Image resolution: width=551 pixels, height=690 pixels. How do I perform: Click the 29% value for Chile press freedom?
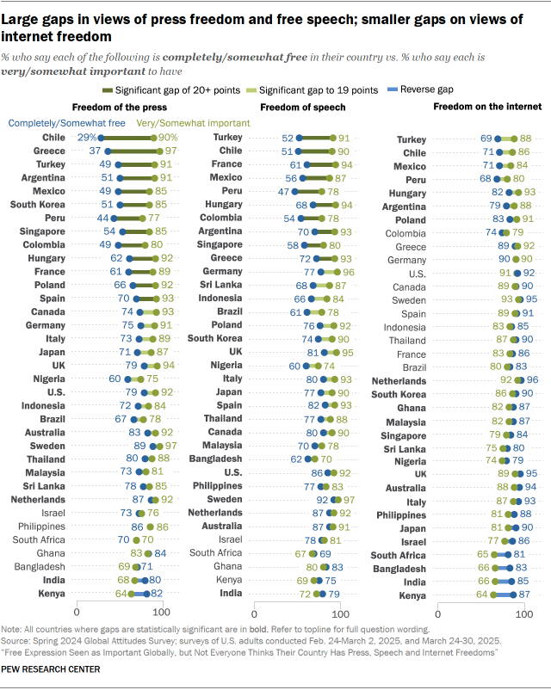[86, 137]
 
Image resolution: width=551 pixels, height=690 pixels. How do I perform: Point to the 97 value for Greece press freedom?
[170, 151]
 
